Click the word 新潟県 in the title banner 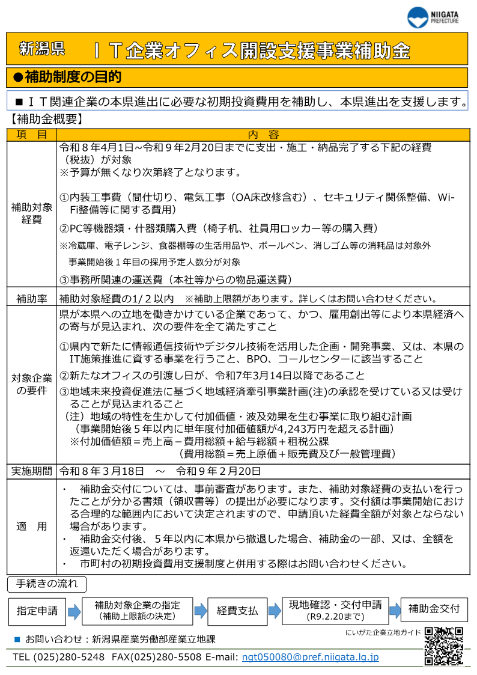click(x=42, y=49)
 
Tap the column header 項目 click(x=32, y=134)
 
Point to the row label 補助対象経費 click(x=32, y=213)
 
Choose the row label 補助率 click(x=32, y=298)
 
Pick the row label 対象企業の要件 click(x=32, y=385)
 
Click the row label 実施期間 click(x=32, y=471)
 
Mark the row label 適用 click(x=32, y=527)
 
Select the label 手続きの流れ click(x=47, y=584)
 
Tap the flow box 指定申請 click(x=37, y=611)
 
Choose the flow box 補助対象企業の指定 click(x=137, y=611)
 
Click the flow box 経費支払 click(x=237, y=611)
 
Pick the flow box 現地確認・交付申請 click(x=335, y=611)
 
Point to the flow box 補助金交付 click(x=434, y=609)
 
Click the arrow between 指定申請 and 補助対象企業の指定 click(x=73, y=612)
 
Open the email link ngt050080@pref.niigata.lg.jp click(x=310, y=658)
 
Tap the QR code click(x=444, y=646)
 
